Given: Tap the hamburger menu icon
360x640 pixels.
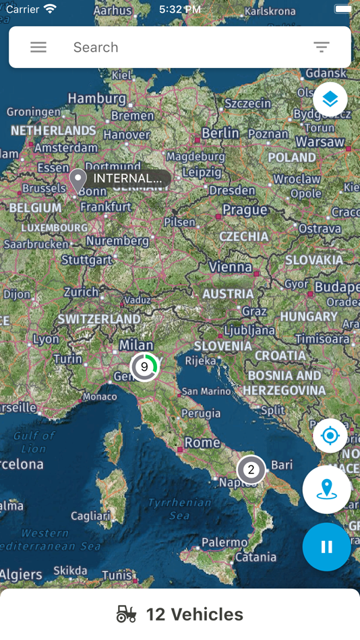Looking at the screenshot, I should [38, 47].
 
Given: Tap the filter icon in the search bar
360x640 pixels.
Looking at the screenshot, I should [322, 47].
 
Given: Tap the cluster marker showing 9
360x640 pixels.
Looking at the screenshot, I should [144, 367].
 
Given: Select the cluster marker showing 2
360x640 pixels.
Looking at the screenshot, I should [251, 470].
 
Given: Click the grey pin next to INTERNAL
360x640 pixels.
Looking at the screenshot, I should [78, 180].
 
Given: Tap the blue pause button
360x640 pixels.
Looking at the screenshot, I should [326, 547].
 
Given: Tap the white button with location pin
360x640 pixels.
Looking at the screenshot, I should [326, 489].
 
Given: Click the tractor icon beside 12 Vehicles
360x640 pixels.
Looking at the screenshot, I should [126, 614].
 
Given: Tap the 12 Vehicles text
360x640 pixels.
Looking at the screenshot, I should [194, 614].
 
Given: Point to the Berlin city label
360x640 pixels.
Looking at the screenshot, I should [220, 133].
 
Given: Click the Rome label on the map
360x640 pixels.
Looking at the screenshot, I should [202, 443].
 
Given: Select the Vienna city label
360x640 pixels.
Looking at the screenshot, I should [230, 267].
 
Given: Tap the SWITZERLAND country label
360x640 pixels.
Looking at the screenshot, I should [99, 319].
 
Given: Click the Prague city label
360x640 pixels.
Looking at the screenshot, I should [245, 210].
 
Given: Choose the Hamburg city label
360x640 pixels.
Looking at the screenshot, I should [97, 98].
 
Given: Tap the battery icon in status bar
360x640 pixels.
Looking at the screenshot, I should [342, 9].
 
